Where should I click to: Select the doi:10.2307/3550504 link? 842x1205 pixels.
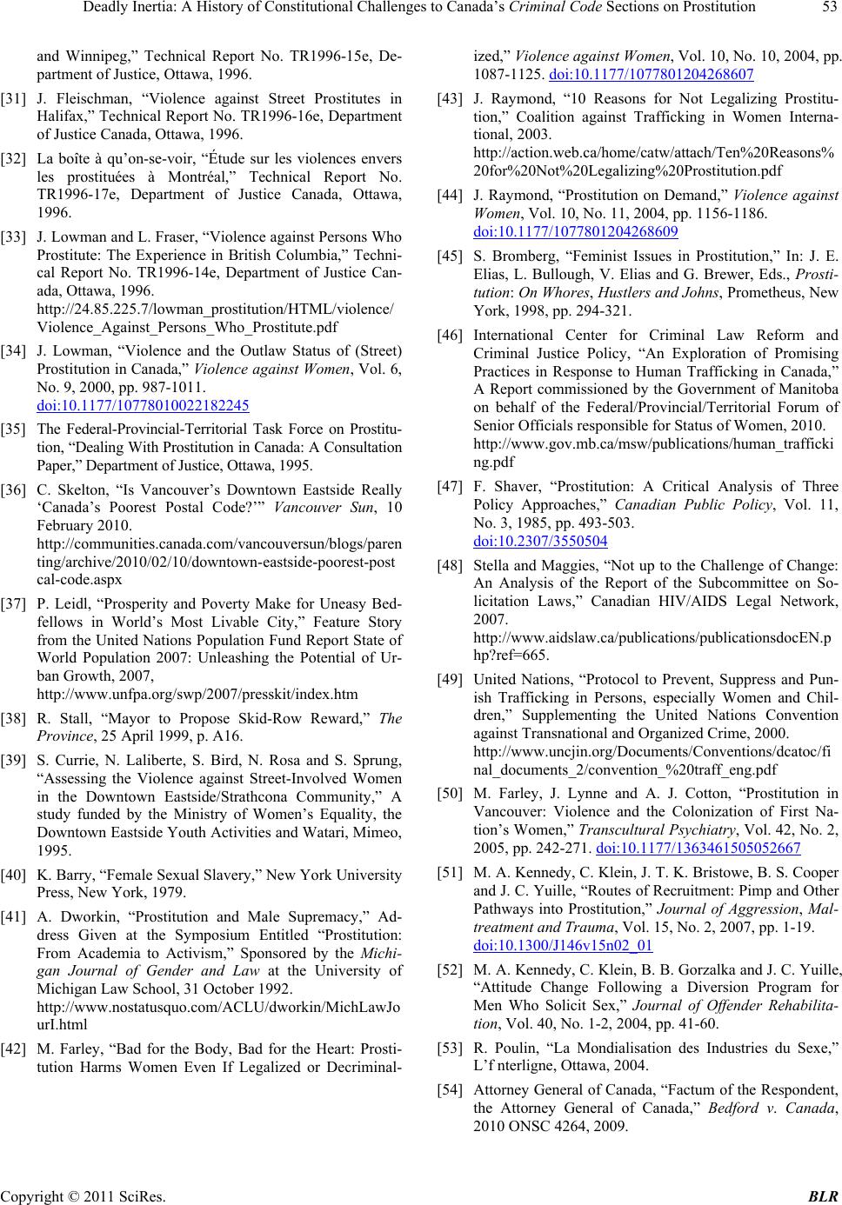540,540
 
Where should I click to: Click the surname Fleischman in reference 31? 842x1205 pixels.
87,98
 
